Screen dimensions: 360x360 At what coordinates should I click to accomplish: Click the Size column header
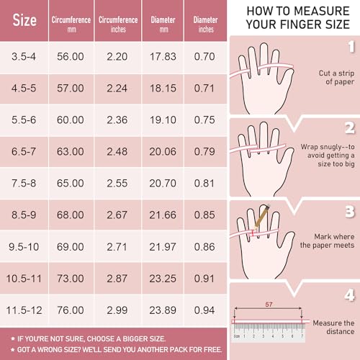[x=25, y=20]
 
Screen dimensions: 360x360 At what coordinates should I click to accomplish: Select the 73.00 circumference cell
[x=70, y=278]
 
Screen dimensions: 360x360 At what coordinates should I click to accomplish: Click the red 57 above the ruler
[x=269, y=304]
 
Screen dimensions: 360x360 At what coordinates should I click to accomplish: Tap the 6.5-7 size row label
[x=25, y=153]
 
